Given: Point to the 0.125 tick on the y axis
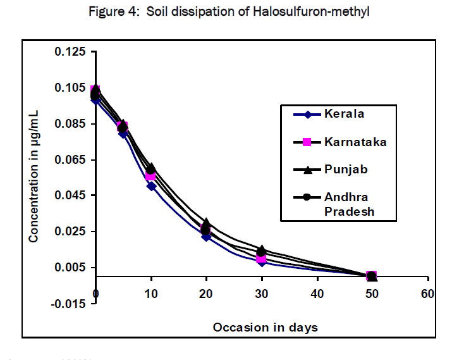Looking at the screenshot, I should coord(71,51).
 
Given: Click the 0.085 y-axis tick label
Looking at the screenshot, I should coord(71,123).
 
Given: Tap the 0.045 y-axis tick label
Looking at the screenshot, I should coord(71,196).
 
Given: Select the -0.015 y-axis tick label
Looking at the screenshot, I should coord(69,304).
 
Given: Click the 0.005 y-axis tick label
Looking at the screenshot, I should coord(71,268).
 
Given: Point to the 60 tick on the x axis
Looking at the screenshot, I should coord(428,294).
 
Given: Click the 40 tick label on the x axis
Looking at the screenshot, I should coord(317,294).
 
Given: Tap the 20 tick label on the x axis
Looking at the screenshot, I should coord(206,294).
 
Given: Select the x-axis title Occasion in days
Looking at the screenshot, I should coord(265,327).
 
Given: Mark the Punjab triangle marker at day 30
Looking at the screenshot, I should coord(261,249).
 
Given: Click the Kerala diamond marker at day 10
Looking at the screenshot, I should coord(151,186).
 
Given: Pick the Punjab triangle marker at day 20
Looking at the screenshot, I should coord(206,223).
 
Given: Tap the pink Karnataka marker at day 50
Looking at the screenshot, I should coord(372,276).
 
